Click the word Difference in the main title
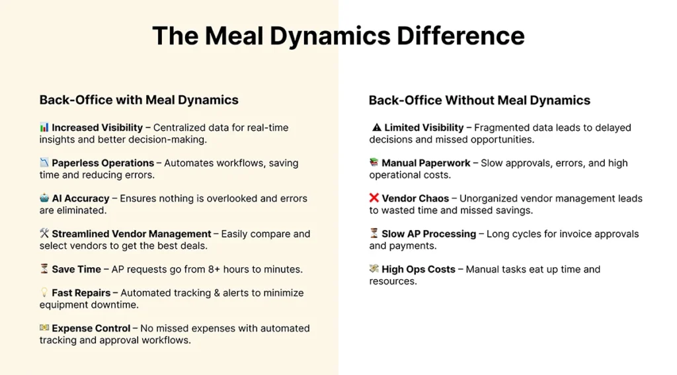(461, 36)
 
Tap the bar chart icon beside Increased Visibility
(44, 127)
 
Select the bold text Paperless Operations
(102, 163)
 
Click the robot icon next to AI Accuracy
(44, 198)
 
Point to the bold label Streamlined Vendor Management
(132, 233)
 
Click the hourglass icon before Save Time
(44, 269)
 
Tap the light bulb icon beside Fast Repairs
(44, 292)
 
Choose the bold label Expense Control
(91, 328)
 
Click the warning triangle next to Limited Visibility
(376, 128)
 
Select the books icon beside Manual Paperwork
(374, 163)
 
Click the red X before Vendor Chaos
(374, 198)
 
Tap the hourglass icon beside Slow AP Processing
(374, 233)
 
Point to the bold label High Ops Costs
(418, 269)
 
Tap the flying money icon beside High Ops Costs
(374, 269)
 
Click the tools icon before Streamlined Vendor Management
(44, 233)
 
